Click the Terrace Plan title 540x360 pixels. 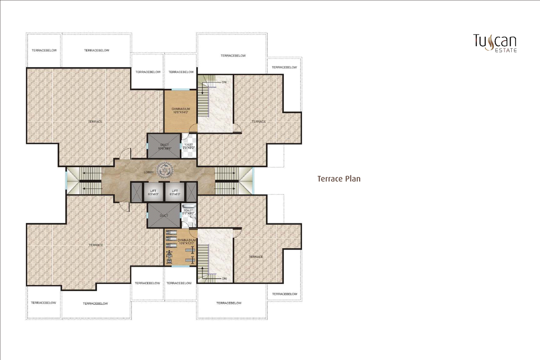click(339, 179)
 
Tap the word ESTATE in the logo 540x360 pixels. click(506, 50)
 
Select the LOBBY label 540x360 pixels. click(149, 172)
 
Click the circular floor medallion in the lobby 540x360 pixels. click(165, 170)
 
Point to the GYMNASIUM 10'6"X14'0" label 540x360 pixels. click(181, 110)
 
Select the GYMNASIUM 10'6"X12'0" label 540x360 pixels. click(187, 242)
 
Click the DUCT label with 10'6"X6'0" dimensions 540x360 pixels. click(165, 147)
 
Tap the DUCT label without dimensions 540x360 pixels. click(164, 216)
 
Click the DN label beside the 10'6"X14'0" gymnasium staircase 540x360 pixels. click(224, 82)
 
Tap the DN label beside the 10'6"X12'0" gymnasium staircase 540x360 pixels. click(224, 279)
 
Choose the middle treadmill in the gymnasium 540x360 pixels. click(171, 239)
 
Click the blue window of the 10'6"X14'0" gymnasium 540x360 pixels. click(180, 89)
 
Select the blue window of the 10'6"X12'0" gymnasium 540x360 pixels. click(180, 266)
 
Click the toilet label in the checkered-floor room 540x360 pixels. click(189, 146)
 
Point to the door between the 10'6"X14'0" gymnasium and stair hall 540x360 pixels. click(193, 128)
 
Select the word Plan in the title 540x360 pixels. click(353, 179)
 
